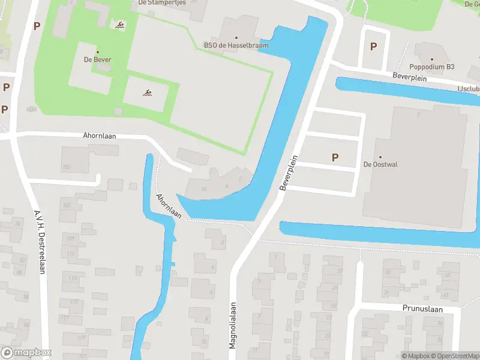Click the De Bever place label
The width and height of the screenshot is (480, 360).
pyautogui.click(x=97, y=60)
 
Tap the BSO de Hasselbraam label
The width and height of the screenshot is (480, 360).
pyautogui.click(x=236, y=45)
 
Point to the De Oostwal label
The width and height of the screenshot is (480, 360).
pyautogui.click(x=380, y=164)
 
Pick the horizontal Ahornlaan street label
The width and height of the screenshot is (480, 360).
pyautogui.click(x=100, y=136)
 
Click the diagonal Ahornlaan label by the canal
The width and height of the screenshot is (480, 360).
pyautogui.click(x=169, y=205)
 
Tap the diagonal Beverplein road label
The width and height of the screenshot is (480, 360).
pyautogui.click(x=289, y=173)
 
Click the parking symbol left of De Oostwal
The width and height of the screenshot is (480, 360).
pyautogui.click(x=335, y=157)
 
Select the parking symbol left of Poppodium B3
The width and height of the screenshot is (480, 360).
pyautogui.click(x=374, y=46)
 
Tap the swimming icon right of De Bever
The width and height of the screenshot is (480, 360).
pyautogui.click(x=147, y=93)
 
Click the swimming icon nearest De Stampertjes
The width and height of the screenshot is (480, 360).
pyautogui.click(x=120, y=25)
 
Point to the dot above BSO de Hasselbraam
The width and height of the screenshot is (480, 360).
pyautogui.click(x=236, y=37)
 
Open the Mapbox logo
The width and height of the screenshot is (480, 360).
pyautogui.click(x=26, y=353)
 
